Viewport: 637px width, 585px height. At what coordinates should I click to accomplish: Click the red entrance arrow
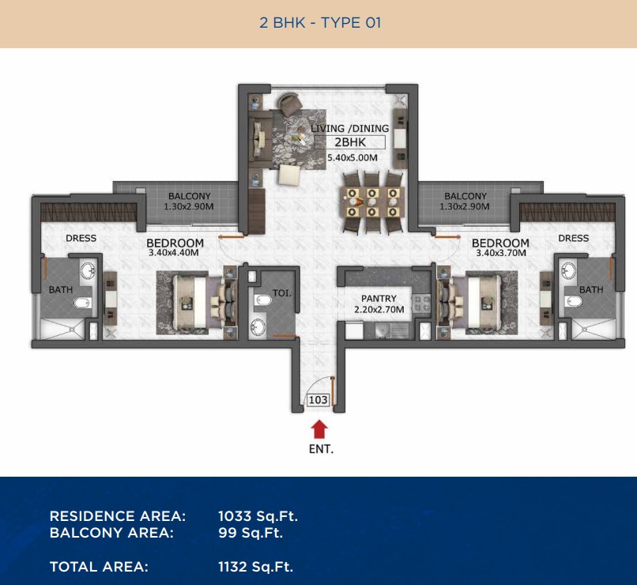(x=319, y=429)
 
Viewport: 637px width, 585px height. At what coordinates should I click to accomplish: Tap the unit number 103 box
(x=318, y=400)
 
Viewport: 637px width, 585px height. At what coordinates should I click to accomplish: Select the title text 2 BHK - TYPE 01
(x=320, y=23)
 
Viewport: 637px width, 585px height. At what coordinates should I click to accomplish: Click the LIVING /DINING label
(x=350, y=128)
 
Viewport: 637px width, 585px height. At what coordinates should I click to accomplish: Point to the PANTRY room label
(x=379, y=298)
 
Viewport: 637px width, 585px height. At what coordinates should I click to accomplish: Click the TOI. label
(x=282, y=292)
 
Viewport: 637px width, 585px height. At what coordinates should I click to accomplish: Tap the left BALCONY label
(x=190, y=196)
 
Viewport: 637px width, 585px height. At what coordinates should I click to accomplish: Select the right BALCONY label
(x=465, y=196)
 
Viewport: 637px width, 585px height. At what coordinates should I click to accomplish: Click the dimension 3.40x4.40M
(x=173, y=253)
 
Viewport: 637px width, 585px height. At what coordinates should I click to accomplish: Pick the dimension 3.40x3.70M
(x=501, y=253)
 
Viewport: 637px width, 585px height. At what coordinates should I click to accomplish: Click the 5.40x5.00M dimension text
(x=352, y=157)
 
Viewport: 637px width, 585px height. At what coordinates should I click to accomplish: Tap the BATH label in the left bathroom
(x=61, y=289)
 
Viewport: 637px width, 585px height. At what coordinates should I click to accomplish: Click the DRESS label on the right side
(x=573, y=238)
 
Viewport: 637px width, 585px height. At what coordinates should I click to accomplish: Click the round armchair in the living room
(x=288, y=104)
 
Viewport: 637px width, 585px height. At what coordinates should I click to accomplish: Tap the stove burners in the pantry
(x=421, y=304)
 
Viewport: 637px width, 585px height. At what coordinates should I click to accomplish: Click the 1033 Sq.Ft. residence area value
(x=258, y=516)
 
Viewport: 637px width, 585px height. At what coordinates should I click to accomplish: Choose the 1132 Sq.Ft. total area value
(x=255, y=567)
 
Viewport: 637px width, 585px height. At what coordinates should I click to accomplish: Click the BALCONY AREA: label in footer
(x=111, y=533)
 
